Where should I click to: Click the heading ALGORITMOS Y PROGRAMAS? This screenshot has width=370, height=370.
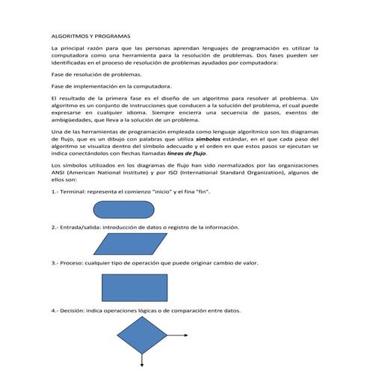pyautogui.click(x=91, y=35)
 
